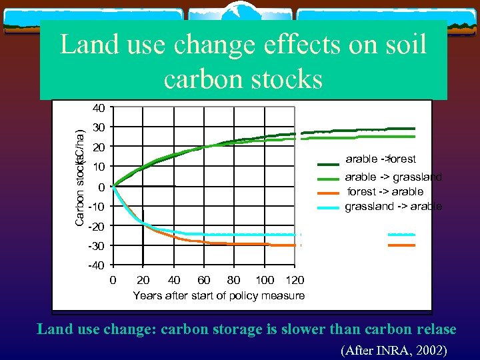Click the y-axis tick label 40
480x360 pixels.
(99, 108)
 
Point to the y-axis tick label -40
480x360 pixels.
(96, 266)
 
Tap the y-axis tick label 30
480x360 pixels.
(99, 127)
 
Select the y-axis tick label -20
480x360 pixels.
(96, 227)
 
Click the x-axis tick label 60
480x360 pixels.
(204, 280)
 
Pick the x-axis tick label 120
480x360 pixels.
(294, 280)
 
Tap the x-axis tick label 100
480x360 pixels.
(265, 280)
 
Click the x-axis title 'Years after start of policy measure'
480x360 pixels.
(219, 295)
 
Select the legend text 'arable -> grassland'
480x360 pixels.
(393, 177)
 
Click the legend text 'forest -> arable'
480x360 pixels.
(385, 192)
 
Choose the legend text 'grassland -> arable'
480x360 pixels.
(393, 207)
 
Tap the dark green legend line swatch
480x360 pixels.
(329, 164)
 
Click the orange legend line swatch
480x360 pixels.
(329, 193)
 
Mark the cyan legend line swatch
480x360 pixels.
(329, 207)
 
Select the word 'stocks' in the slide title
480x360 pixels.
(286, 79)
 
